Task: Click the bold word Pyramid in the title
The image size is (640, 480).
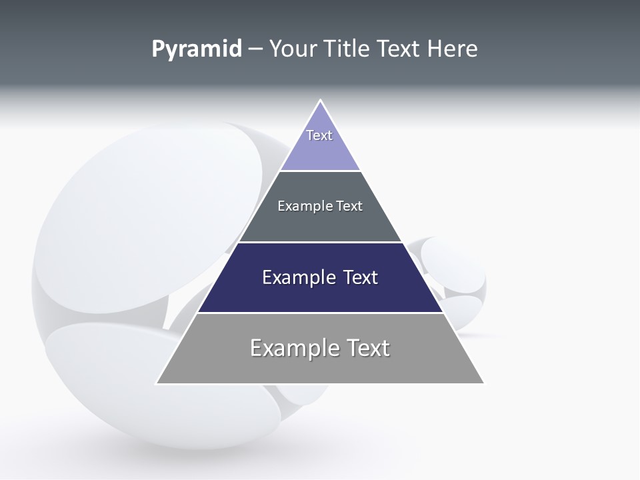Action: click(196, 49)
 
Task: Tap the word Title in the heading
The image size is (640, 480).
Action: click(347, 49)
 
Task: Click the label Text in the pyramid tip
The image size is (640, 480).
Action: click(319, 135)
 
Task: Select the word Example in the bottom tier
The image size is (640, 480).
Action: click(294, 348)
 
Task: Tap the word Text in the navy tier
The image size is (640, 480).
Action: click(361, 277)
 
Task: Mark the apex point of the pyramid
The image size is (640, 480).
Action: click(320, 100)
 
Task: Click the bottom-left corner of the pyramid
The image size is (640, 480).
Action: click(157, 383)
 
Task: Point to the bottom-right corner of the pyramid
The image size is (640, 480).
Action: click(483, 383)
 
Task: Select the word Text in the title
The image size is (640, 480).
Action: click(399, 49)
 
